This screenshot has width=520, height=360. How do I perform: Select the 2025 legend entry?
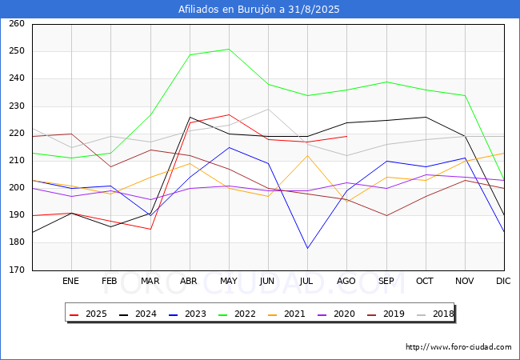[x=88, y=314]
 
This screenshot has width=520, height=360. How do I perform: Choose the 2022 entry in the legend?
[x=237, y=314]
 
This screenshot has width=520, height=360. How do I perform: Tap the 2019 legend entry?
[x=386, y=314]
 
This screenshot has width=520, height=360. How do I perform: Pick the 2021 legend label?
[x=294, y=314]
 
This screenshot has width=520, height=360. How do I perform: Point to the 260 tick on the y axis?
[x=17, y=23]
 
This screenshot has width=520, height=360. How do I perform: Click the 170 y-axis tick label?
[x=17, y=270]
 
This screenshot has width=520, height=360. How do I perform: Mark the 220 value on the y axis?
[x=17, y=134]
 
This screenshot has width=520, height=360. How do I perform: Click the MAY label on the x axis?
[x=229, y=281]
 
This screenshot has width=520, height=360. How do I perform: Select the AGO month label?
[x=346, y=281]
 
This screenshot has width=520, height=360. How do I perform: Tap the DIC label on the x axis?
[x=503, y=281]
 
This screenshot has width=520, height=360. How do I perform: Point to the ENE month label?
[x=70, y=281]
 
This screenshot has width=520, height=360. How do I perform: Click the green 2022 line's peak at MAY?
[x=229, y=49]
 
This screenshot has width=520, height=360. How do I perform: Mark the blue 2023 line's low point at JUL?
[x=307, y=248]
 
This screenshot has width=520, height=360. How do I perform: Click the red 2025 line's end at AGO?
[x=347, y=136]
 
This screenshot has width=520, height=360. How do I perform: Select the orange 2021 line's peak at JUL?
[x=307, y=155]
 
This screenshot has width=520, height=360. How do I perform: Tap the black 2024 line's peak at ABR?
[x=190, y=117]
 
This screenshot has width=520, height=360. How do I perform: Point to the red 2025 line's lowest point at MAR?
[x=150, y=229]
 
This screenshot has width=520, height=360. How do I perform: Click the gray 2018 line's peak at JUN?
[x=268, y=109]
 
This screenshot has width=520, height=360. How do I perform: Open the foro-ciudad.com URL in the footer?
[x=458, y=347]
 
